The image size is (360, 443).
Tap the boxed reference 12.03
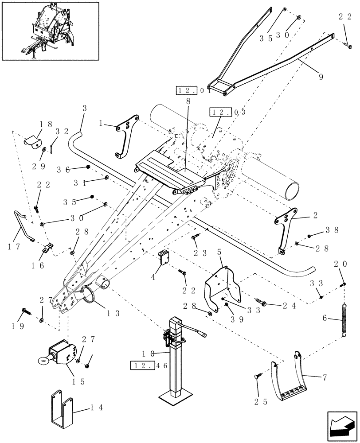click(x=221, y=111)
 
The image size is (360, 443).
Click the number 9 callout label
click(x=320, y=77)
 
